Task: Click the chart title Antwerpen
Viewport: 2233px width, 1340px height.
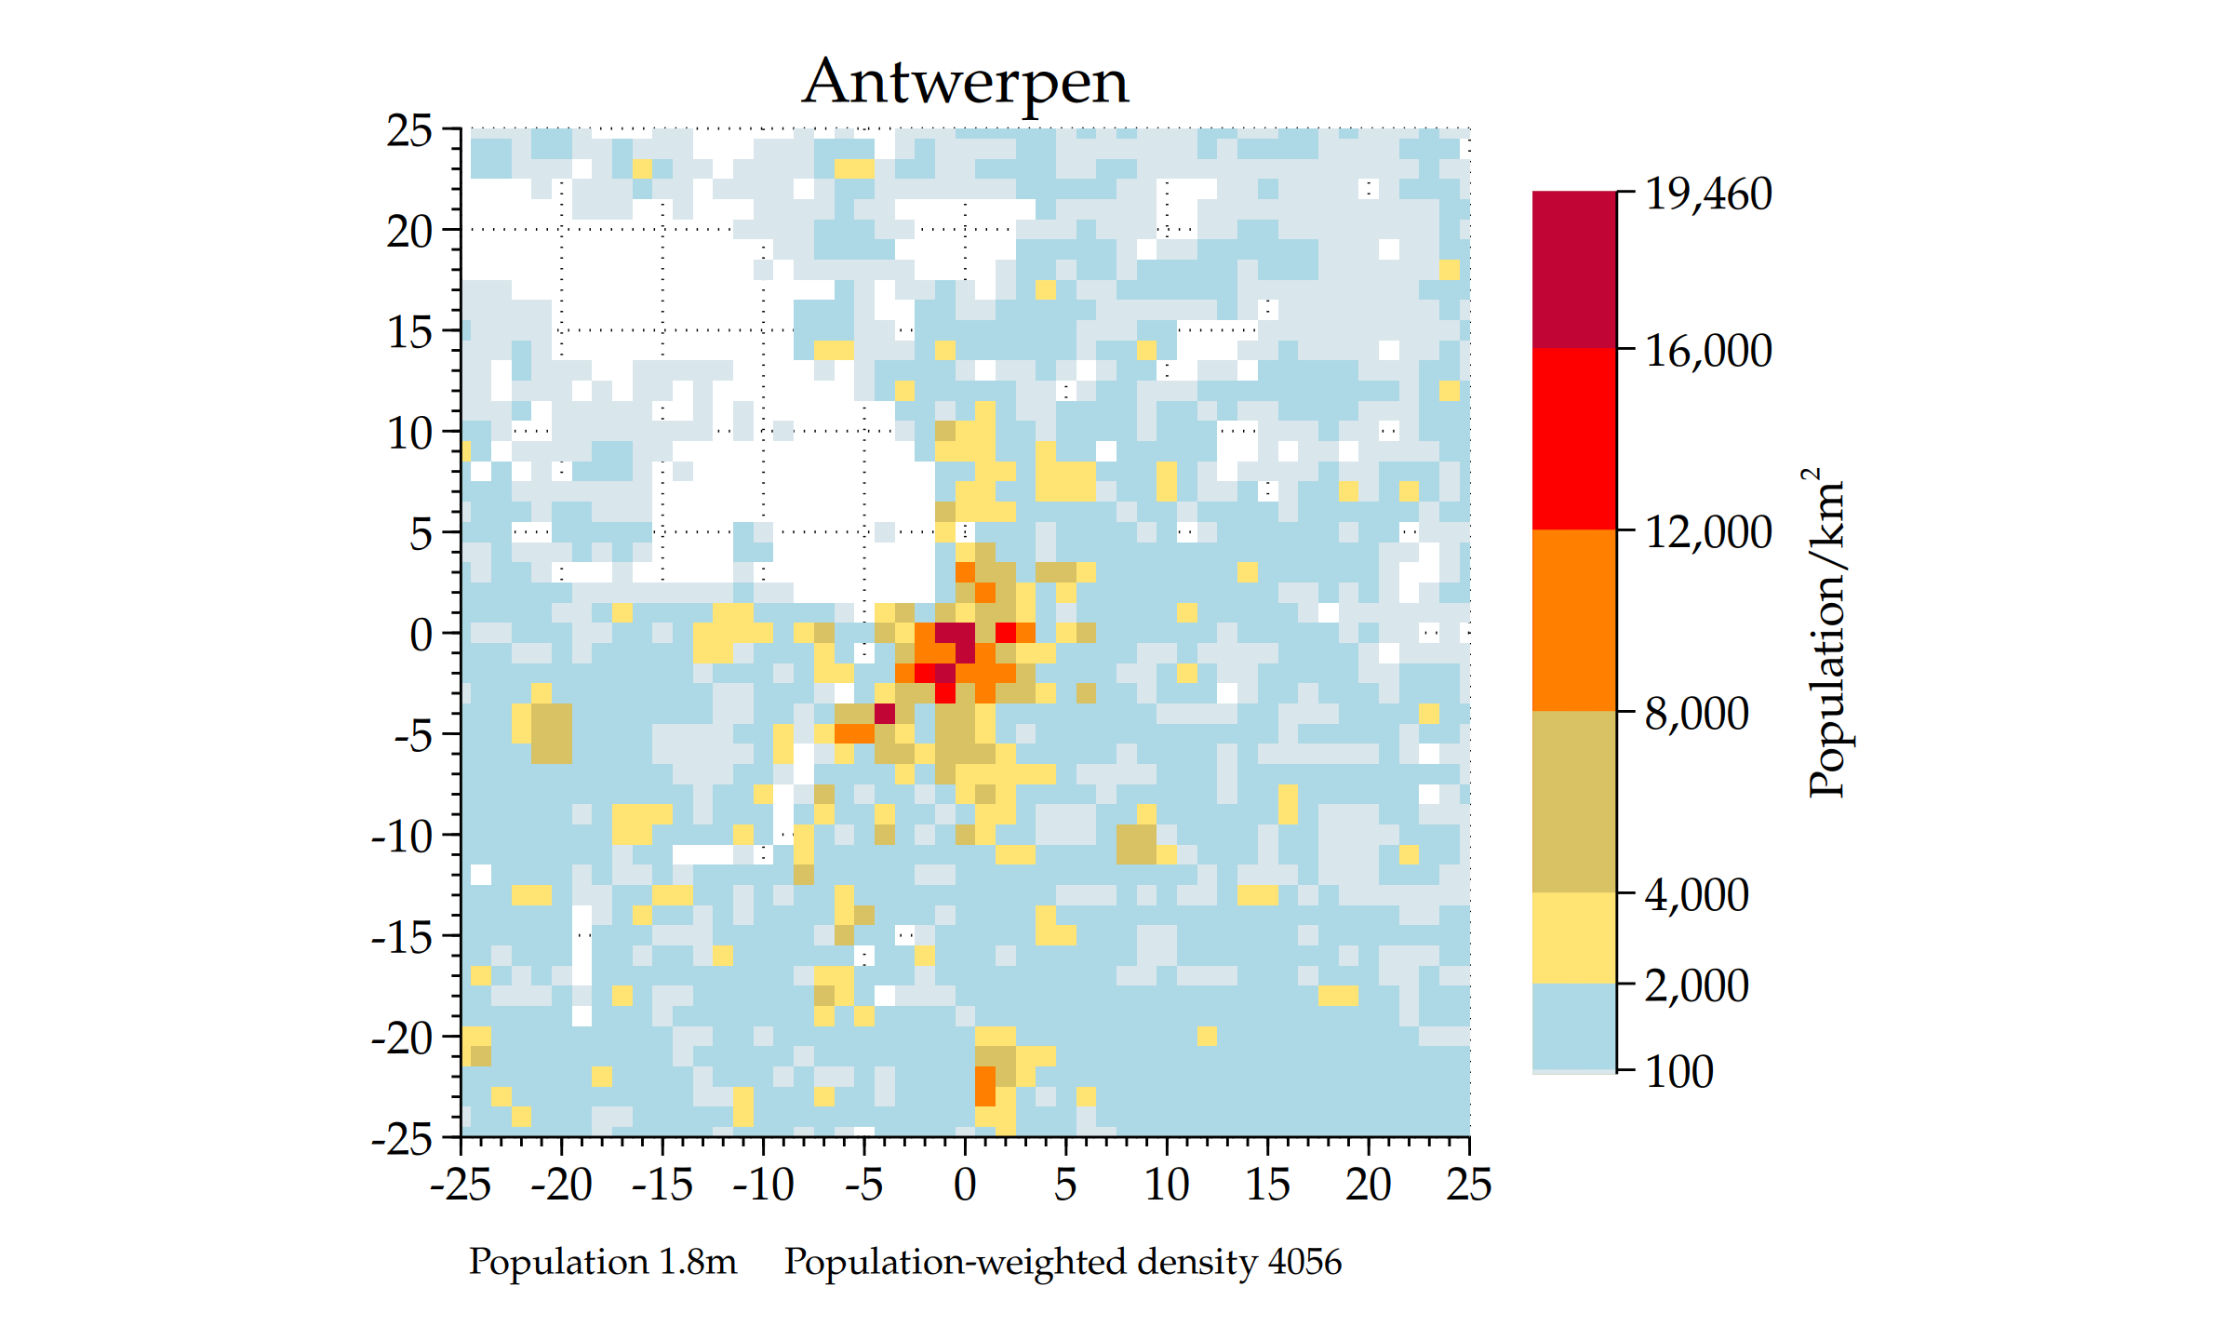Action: click(x=965, y=82)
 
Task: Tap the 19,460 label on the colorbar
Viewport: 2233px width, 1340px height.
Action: click(x=1708, y=194)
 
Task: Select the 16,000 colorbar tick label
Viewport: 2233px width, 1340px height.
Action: click(x=1708, y=351)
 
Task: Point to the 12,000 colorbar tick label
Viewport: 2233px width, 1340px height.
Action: click(x=1708, y=532)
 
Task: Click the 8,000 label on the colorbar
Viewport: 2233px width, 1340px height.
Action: click(x=1696, y=714)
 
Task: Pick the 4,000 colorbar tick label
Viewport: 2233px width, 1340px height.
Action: click(x=1696, y=895)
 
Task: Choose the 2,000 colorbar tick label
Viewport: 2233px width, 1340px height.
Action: click(x=1696, y=985)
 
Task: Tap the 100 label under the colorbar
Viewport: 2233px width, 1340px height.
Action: click(x=1678, y=1072)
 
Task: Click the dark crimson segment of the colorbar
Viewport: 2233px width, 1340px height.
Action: click(x=1573, y=270)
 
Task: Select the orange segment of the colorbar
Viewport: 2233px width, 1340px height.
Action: click(x=1573, y=620)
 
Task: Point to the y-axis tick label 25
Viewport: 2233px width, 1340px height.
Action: click(x=409, y=131)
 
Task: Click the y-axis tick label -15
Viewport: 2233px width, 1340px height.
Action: click(x=402, y=937)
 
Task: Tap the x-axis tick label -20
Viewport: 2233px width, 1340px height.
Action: click(x=561, y=1185)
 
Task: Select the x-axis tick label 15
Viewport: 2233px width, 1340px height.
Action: click(x=1267, y=1185)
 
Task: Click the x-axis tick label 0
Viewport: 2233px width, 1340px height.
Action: click(x=965, y=1185)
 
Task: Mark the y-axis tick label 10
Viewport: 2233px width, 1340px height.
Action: click(x=409, y=434)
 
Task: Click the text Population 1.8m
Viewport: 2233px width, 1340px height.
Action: click(x=602, y=1262)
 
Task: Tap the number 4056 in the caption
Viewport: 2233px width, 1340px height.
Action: click(x=1304, y=1262)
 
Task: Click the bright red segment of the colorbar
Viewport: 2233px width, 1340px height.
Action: click(x=1573, y=438)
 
